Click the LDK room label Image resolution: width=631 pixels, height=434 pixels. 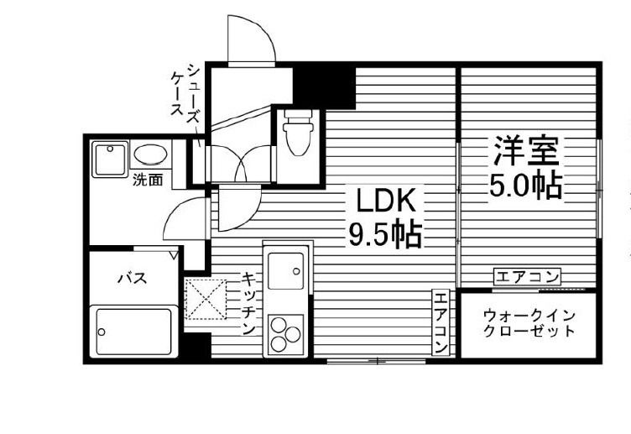pyautogui.click(x=386, y=202)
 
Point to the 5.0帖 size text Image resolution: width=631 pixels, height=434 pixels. pyautogui.click(x=525, y=185)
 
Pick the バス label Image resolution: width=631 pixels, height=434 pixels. pyautogui.click(x=132, y=278)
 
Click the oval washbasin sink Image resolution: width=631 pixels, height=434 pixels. pyautogui.click(x=150, y=155)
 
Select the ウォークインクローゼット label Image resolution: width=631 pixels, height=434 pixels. pyautogui.click(x=529, y=323)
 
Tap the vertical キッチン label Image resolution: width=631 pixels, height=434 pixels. pyautogui.click(x=249, y=303)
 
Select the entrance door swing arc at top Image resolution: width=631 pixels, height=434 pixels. pyautogui.click(x=252, y=38)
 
